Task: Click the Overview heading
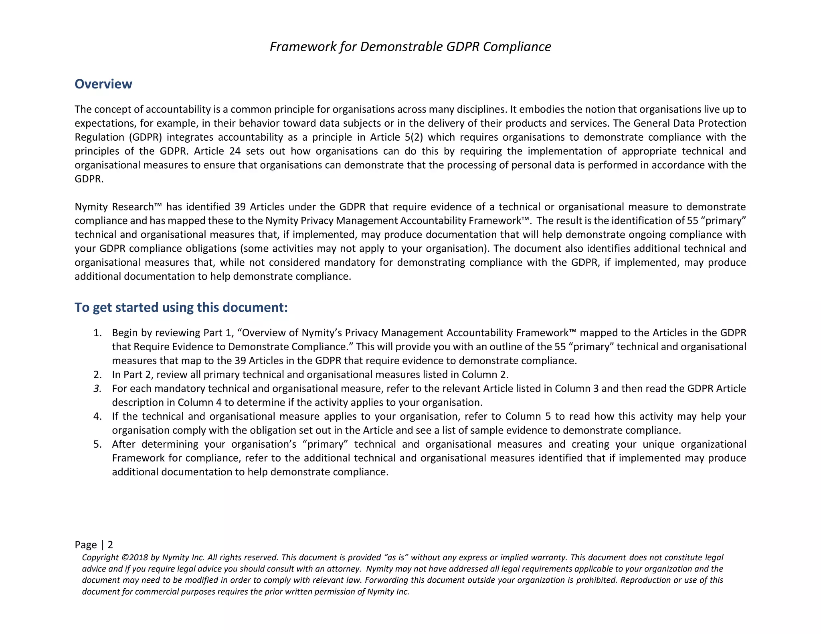[103, 84]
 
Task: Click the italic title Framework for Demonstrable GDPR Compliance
[410, 47]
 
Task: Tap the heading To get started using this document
[181, 307]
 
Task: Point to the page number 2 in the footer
[110, 545]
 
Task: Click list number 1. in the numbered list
[97, 333]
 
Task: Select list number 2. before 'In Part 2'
[97, 375]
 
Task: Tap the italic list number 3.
[97, 389]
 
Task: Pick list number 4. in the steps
[97, 416]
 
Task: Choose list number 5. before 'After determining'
[97, 444]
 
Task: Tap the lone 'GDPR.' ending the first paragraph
[89, 179]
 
